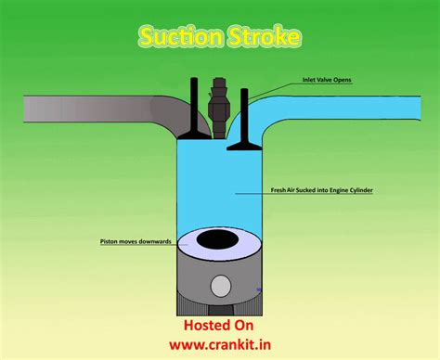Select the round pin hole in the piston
(219, 289)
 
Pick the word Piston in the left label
(109, 241)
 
